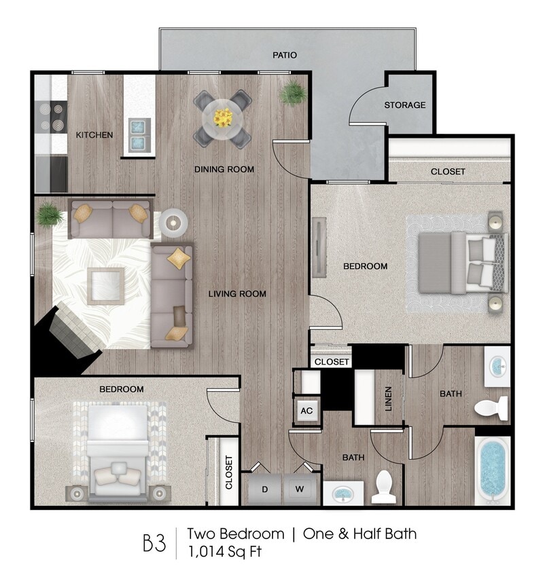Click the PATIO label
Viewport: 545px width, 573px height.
(x=285, y=55)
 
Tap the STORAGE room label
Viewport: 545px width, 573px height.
(x=404, y=105)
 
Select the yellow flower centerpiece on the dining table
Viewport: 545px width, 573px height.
(x=222, y=117)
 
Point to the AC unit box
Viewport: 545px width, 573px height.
(x=306, y=410)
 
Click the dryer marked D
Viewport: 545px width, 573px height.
(x=264, y=489)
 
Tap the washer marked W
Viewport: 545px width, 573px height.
(x=298, y=489)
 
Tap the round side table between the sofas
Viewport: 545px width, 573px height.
(x=173, y=221)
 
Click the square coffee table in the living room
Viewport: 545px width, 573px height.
(x=105, y=286)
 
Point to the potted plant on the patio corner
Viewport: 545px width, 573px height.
(x=293, y=93)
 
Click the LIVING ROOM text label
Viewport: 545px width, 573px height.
(x=236, y=294)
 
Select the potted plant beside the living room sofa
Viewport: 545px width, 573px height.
(x=50, y=215)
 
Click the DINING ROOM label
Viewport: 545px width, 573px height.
(x=224, y=169)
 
